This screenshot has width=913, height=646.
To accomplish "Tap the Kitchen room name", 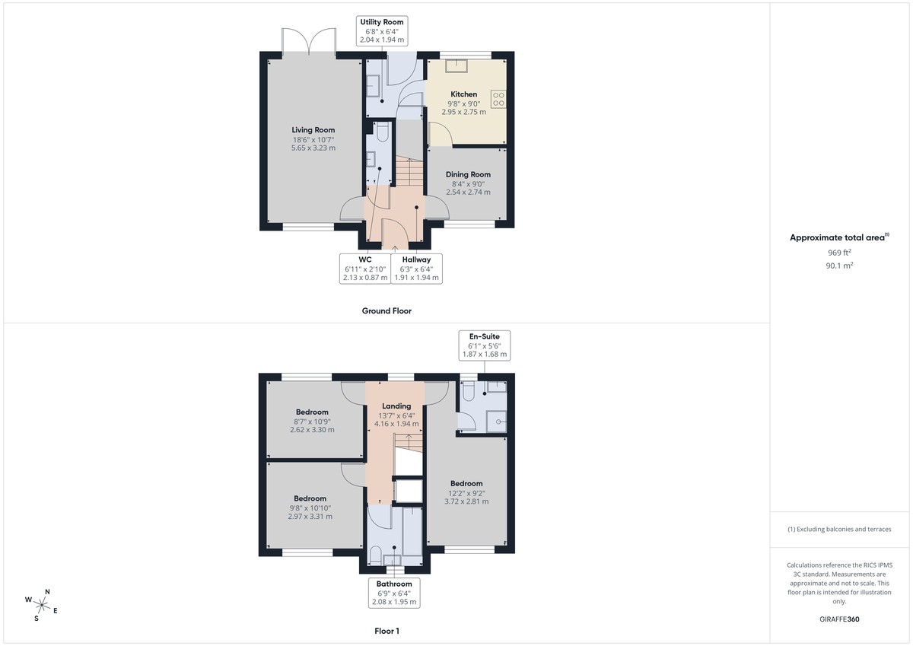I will click(x=464, y=94).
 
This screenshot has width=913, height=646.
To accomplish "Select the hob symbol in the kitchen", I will click(x=499, y=99).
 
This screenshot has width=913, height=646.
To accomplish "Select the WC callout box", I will click(x=364, y=269).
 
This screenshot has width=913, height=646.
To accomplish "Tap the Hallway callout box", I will click(x=416, y=269).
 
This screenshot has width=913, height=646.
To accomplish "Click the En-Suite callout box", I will click(x=484, y=345).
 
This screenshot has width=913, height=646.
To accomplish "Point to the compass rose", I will click(x=43, y=606).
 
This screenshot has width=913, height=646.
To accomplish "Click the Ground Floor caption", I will click(x=387, y=310).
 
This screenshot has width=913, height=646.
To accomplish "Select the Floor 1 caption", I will click(x=387, y=631).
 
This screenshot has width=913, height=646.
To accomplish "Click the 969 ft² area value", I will click(x=839, y=253).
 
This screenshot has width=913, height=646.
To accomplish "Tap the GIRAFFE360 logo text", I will click(x=839, y=619).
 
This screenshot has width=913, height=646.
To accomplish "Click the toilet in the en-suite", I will click(x=469, y=391).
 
